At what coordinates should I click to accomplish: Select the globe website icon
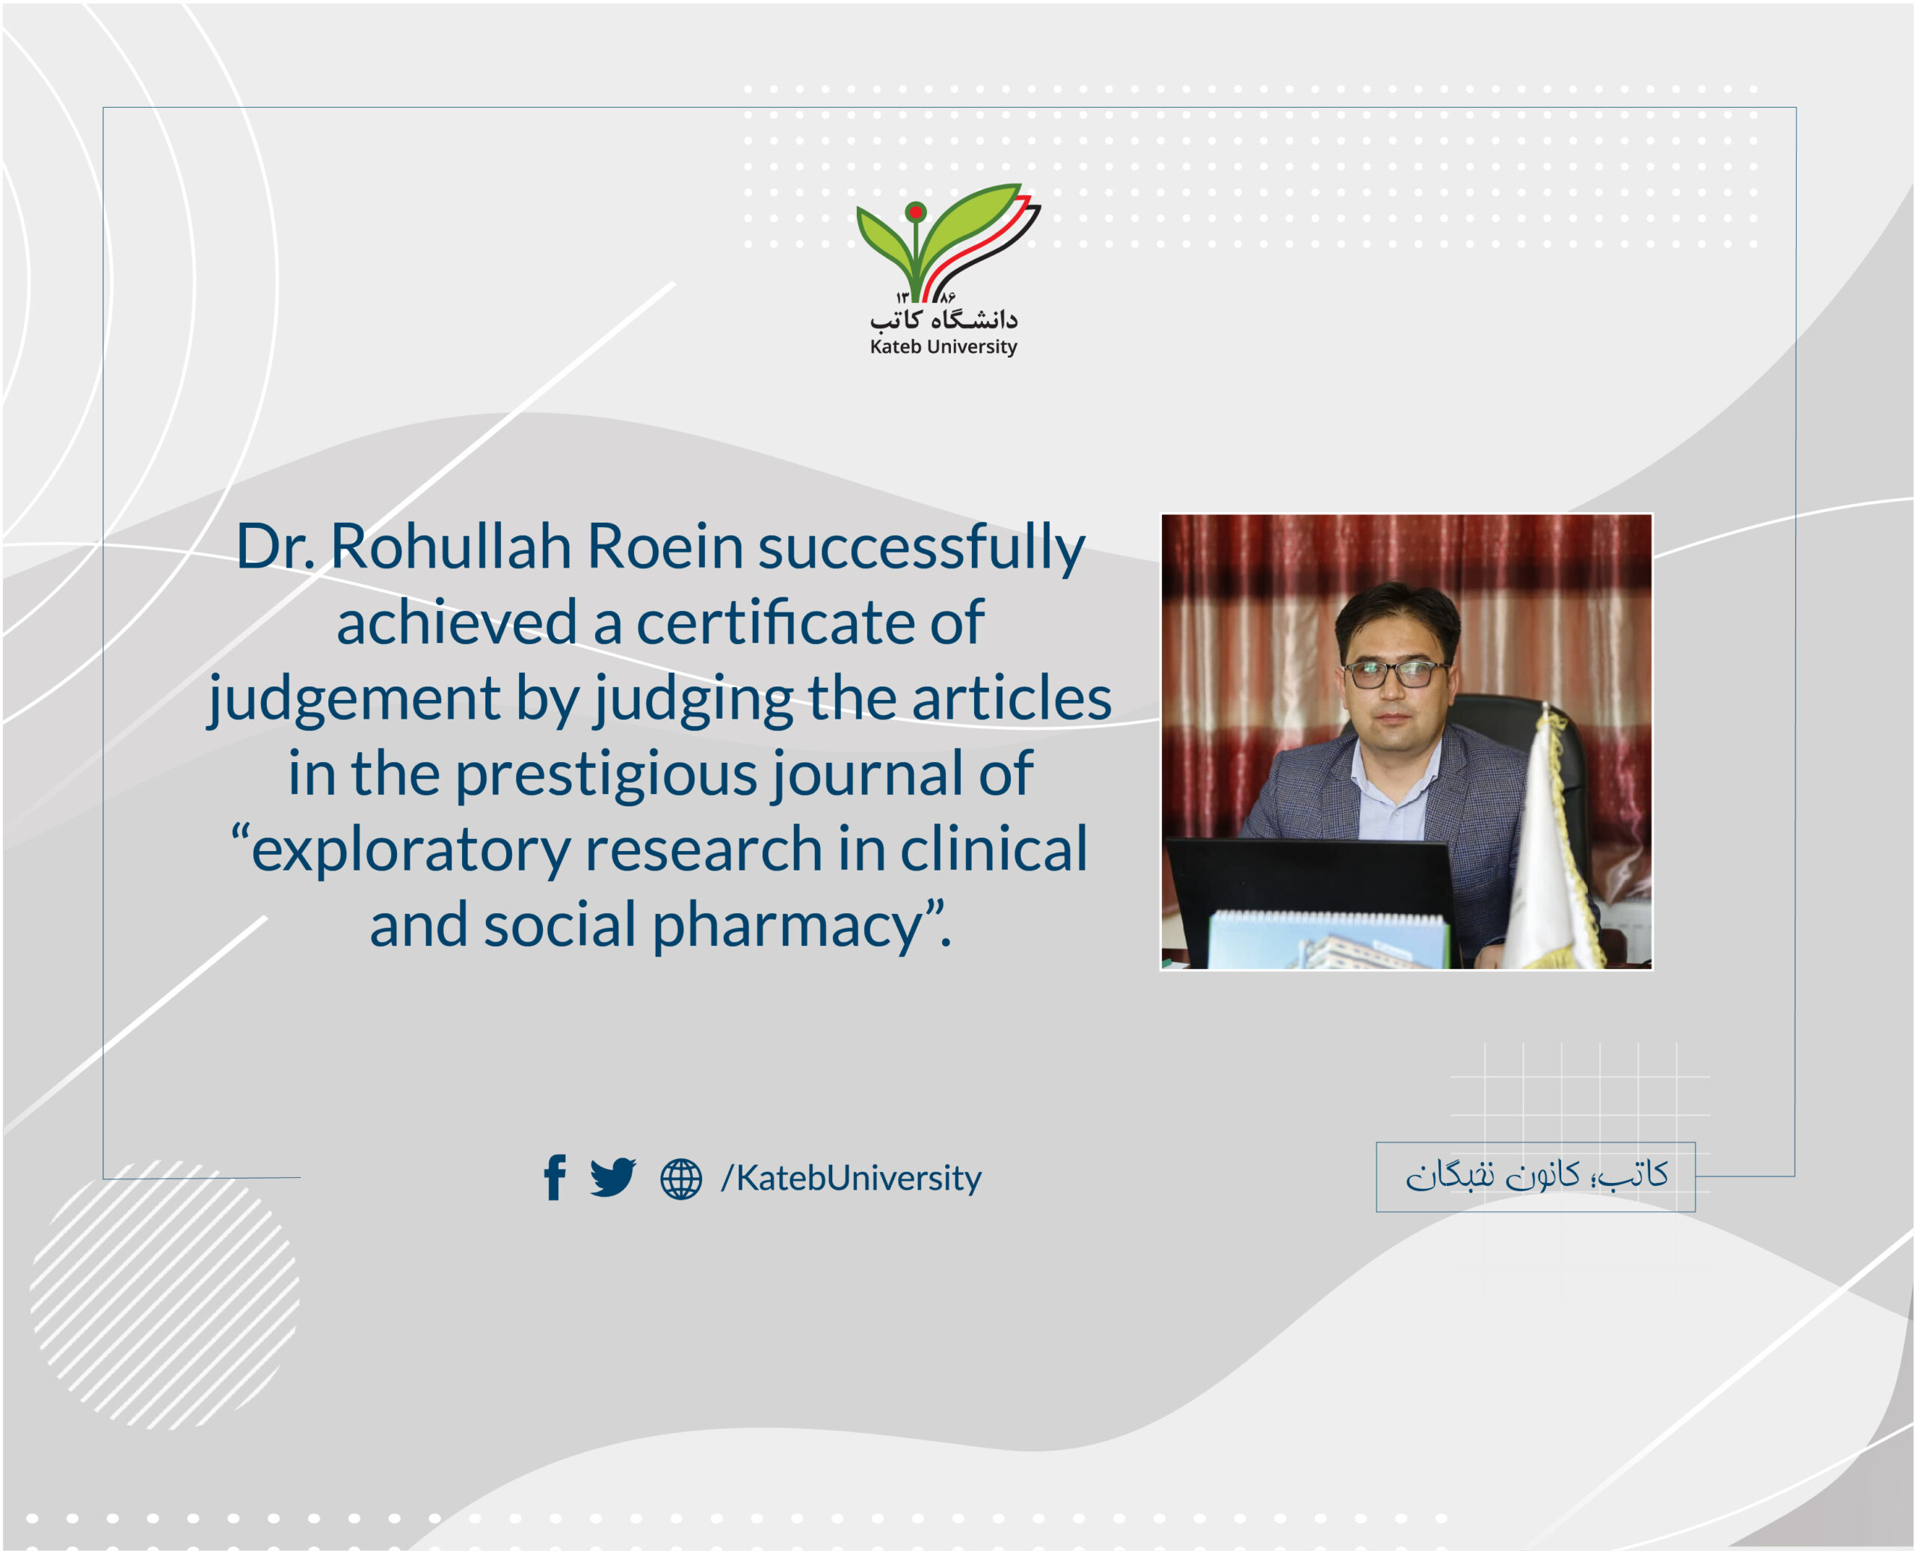(x=680, y=1179)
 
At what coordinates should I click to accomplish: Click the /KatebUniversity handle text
(x=851, y=1178)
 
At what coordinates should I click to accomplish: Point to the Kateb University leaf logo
(x=947, y=242)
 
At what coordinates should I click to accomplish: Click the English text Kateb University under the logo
(x=943, y=347)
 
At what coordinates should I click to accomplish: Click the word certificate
(x=775, y=622)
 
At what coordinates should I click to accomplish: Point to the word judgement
(x=353, y=699)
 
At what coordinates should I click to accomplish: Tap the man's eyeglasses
(x=1394, y=673)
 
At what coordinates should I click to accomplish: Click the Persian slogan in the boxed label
(x=1536, y=1175)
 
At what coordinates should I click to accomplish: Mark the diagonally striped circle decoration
(x=164, y=1294)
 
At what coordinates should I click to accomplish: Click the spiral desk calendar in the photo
(x=1329, y=940)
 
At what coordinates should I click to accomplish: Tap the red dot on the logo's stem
(x=915, y=212)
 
